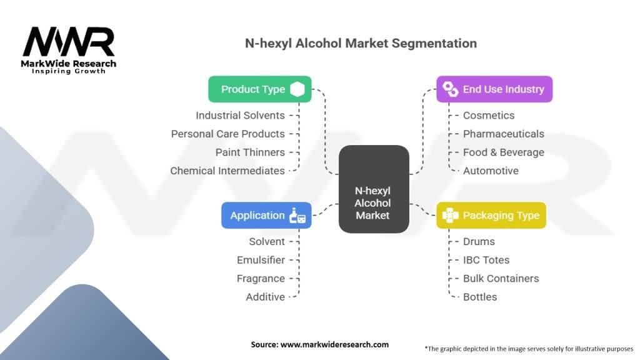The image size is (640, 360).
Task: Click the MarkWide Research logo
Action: [69, 50]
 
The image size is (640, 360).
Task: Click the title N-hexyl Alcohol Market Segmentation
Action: [360, 44]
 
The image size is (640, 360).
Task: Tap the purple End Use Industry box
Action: [494, 89]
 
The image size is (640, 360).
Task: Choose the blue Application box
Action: [266, 216]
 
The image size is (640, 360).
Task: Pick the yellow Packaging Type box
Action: [491, 216]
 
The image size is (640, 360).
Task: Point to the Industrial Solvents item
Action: [240, 116]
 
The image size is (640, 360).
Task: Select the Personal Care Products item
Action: [227, 134]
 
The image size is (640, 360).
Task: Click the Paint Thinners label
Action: [250, 152]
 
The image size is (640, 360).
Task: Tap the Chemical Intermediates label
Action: [227, 171]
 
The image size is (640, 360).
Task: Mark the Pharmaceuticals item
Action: [503, 134]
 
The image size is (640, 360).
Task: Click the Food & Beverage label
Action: [503, 152]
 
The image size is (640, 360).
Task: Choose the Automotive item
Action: [491, 171]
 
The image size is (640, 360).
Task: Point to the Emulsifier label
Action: [261, 260]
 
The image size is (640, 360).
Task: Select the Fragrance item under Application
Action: [261, 279]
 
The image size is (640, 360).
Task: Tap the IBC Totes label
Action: [486, 260]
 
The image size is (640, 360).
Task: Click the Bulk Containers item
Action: [501, 279]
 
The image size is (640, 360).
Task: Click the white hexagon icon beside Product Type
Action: [297, 89]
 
